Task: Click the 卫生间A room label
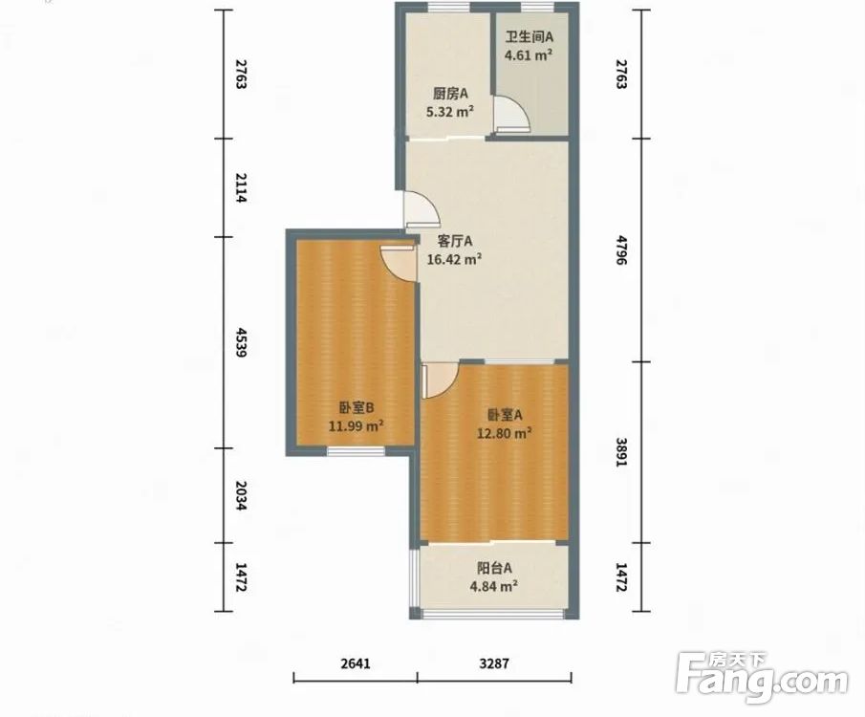pyautogui.click(x=530, y=37)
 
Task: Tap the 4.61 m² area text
pyautogui.click(x=529, y=55)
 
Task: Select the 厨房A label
pyautogui.click(x=451, y=94)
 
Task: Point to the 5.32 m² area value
pyautogui.click(x=450, y=112)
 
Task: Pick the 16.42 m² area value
pyautogui.click(x=455, y=259)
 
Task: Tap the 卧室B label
pyautogui.click(x=357, y=408)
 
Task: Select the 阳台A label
pyautogui.click(x=495, y=568)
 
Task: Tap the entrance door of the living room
pyautogui.click(x=422, y=209)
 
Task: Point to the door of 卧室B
pyautogui.click(x=399, y=263)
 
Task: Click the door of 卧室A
pyautogui.click(x=440, y=380)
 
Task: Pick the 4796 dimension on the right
pyautogui.click(x=621, y=250)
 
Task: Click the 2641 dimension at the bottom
pyautogui.click(x=356, y=663)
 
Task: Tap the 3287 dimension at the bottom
pyautogui.click(x=494, y=663)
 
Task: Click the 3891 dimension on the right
pyautogui.click(x=621, y=452)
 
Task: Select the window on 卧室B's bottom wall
pyautogui.click(x=356, y=451)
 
